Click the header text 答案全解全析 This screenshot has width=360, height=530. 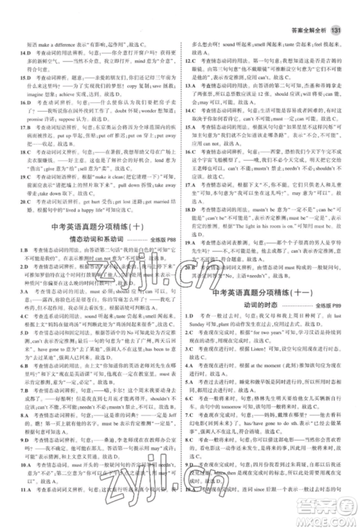(x=307, y=10)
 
